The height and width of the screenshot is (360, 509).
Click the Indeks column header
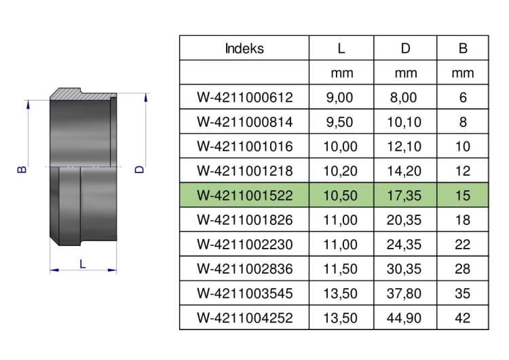[244, 48]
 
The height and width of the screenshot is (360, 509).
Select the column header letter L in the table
[341, 48]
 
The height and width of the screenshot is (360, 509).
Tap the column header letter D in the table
[405, 48]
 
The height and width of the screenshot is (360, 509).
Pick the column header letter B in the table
[463, 48]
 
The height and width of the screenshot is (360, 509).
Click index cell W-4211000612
[245, 98]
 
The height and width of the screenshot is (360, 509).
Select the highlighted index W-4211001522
[245, 196]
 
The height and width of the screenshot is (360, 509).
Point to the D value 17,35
[404, 196]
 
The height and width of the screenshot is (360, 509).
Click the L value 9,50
[339, 122]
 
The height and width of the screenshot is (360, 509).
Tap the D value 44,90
[404, 318]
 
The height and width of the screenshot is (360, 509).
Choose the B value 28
[463, 269]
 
